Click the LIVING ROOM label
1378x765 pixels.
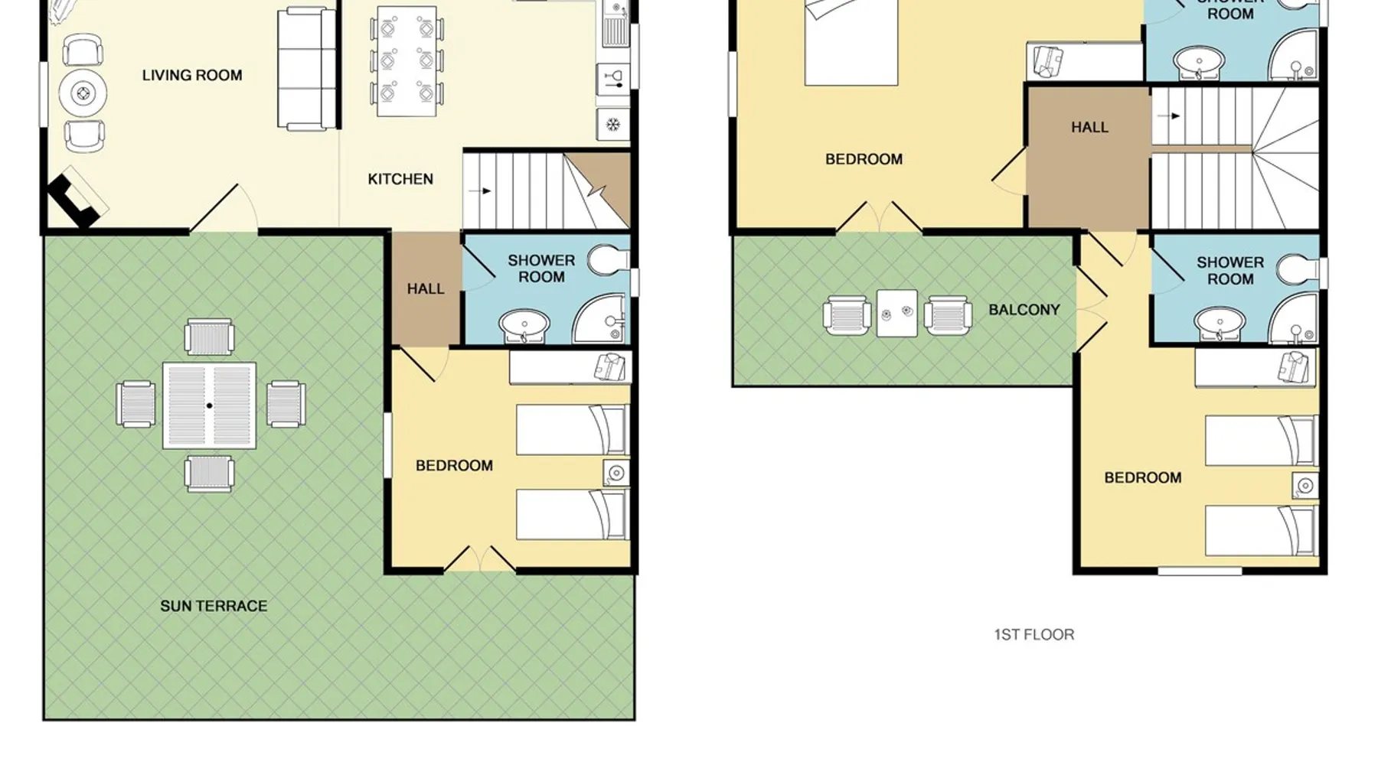coord(192,75)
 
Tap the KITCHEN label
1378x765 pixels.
coord(400,179)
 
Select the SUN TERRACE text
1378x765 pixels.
coord(214,606)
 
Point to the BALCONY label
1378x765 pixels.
coord(1024,310)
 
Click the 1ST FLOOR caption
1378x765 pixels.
coord(1033,634)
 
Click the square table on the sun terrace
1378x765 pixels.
coord(209,405)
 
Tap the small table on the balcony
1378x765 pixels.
coord(896,313)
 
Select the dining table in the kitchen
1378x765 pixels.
coord(407,61)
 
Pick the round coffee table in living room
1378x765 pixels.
coord(83,94)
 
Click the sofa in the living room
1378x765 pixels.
coord(307,69)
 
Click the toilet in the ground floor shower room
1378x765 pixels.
coord(609,260)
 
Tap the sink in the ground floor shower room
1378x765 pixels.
coord(524,325)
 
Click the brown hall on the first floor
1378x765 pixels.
coord(1088,158)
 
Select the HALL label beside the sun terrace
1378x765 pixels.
coord(426,289)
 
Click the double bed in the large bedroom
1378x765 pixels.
coord(851,42)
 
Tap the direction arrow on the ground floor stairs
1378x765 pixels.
coord(480,190)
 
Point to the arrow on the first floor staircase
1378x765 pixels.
coord(1169,116)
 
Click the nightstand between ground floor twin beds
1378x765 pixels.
coord(616,473)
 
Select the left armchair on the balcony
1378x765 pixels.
coord(847,314)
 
